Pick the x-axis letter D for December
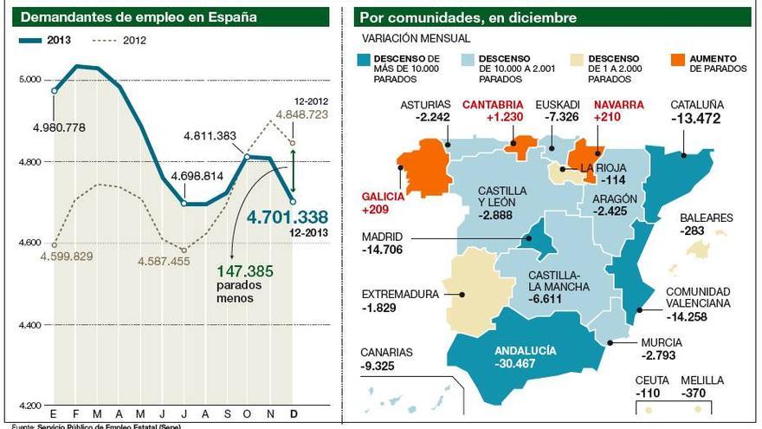click(294, 414)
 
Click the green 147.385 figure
click(246, 271)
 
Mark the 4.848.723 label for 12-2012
click(301, 114)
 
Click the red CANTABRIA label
click(493, 105)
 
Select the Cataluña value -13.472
click(696, 119)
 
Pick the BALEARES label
click(706, 218)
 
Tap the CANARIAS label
click(388, 353)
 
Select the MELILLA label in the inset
click(702, 380)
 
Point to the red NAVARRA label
click(618, 105)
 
